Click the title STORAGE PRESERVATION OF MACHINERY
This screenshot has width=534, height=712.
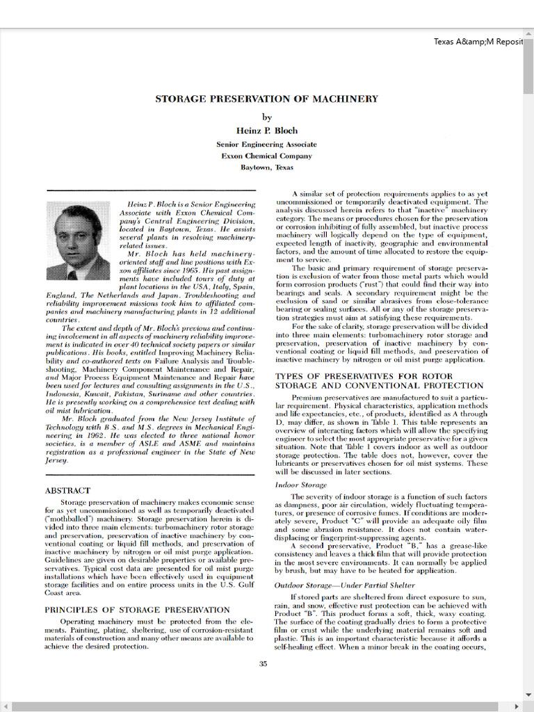[266, 99]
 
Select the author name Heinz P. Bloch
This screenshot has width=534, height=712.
[266, 130]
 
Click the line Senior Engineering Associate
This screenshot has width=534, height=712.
[266, 145]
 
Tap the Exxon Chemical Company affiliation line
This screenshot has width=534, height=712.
[266, 156]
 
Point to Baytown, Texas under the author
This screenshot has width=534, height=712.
[266, 168]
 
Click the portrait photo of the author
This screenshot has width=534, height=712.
[78, 240]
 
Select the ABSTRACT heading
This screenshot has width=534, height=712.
[67, 490]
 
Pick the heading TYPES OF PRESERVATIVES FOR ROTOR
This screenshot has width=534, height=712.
[364, 375]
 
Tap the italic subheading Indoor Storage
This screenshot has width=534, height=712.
[300, 485]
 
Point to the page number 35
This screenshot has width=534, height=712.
[263, 663]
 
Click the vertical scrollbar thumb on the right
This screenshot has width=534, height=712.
[528, 63]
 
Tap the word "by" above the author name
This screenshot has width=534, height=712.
[266, 117]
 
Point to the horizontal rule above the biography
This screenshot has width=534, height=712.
[150, 190]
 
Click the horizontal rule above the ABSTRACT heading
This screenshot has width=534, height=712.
[150, 475]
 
